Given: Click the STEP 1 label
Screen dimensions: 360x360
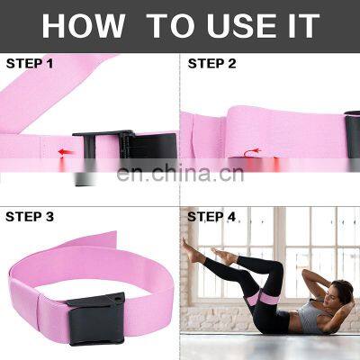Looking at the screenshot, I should point(30,64).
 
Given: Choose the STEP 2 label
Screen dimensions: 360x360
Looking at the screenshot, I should point(212,64).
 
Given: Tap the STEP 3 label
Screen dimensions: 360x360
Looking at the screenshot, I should point(30,217).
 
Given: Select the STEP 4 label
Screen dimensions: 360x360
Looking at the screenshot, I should point(212,217).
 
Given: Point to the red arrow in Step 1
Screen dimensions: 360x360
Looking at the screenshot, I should point(63,152).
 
